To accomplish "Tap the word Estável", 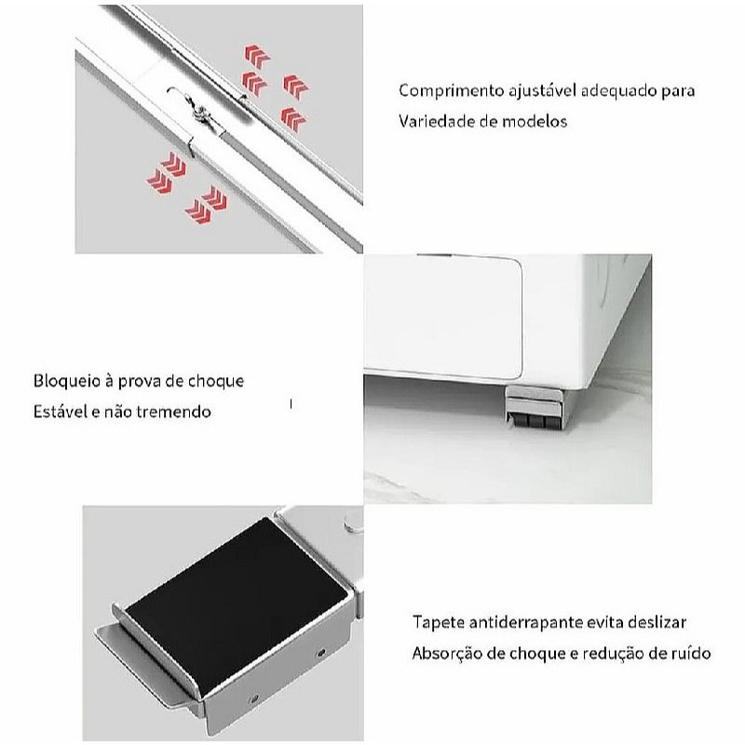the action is [60, 411].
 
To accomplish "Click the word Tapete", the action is [439, 622].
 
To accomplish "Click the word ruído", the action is [692, 653].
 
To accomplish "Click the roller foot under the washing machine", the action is [535, 408].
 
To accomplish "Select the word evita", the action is [604, 622].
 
